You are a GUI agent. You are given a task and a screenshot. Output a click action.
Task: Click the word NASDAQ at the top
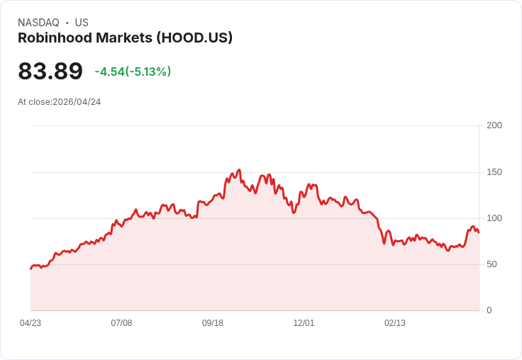[38, 23]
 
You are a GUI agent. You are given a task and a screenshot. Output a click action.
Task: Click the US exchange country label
[82, 23]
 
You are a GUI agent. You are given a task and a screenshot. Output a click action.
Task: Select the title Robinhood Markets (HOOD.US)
[125, 38]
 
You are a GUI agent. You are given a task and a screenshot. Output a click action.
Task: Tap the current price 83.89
[50, 71]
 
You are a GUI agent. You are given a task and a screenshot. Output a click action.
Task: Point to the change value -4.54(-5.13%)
[133, 72]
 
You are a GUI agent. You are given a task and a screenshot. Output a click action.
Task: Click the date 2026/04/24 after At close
[77, 102]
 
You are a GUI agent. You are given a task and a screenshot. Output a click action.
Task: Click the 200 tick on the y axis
[494, 125]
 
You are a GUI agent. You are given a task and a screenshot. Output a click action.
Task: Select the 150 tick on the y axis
[494, 172]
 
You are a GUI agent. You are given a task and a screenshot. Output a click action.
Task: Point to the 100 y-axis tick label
[494, 218]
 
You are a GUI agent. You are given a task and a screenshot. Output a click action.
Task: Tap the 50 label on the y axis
[492, 264]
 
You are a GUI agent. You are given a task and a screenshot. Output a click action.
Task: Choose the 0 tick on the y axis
[489, 310]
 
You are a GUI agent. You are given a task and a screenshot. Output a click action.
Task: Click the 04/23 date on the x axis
[30, 323]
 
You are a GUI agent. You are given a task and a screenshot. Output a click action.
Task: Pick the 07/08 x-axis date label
[121, 323]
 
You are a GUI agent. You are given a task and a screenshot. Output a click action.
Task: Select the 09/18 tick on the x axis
[213, 323]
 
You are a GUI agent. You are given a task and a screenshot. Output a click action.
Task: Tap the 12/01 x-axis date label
[304, 323]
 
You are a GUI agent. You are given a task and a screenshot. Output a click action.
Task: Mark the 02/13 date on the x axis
[395, 323]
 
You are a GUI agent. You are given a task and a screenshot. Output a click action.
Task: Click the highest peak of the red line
[239, 170]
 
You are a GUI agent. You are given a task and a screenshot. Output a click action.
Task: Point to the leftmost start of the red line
[30, 269]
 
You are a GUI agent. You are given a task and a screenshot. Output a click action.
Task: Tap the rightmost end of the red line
[479, 232]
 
